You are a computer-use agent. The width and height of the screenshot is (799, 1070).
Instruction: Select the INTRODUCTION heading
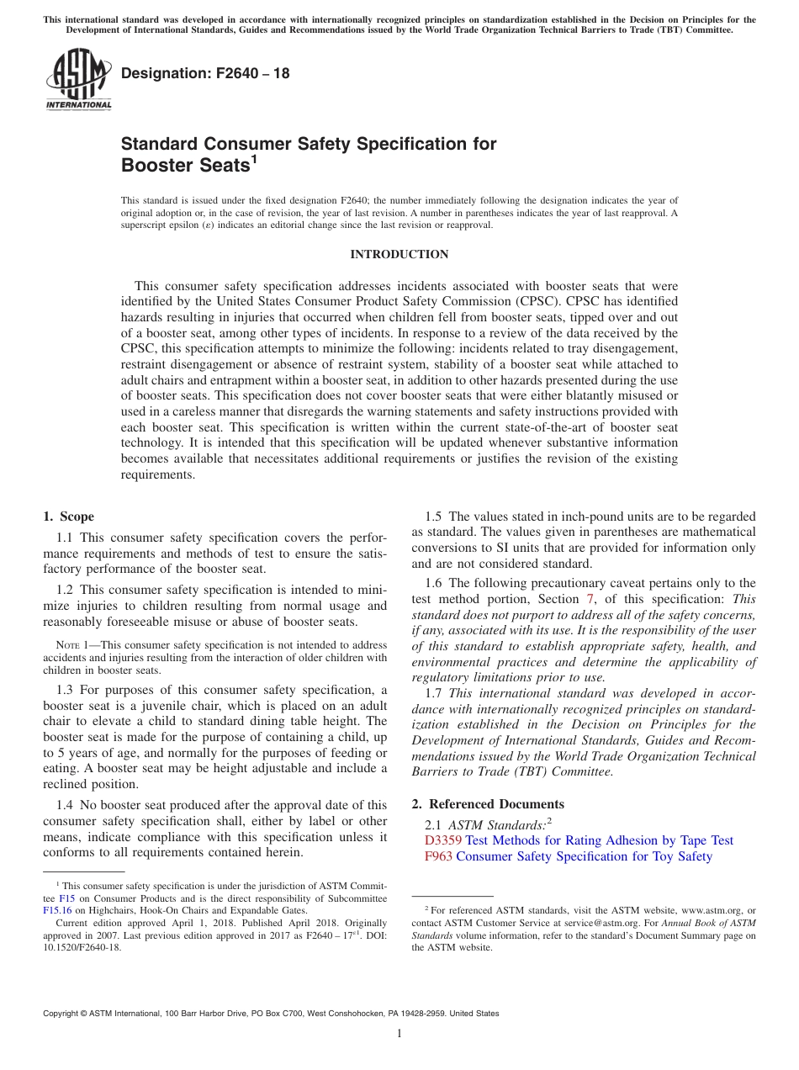pyautogui.click(x=399, y=254)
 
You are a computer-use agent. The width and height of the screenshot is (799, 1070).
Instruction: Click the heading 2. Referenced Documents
pyautogui.click(x=488, y=804)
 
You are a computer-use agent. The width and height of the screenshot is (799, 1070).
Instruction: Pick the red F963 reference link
pyautogui.click(x=438, y=856)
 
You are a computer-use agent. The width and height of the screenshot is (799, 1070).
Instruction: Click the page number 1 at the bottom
pyautogui.click(x=399, y=1034)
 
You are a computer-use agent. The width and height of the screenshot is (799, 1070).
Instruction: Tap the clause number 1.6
pyautogui.click(x=434, y=583)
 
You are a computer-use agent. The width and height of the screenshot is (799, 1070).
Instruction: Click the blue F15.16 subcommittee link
pyautogui.click(x=56, y=910)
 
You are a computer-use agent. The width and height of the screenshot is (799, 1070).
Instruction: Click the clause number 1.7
pyautogui.click(x=434, y=693)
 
